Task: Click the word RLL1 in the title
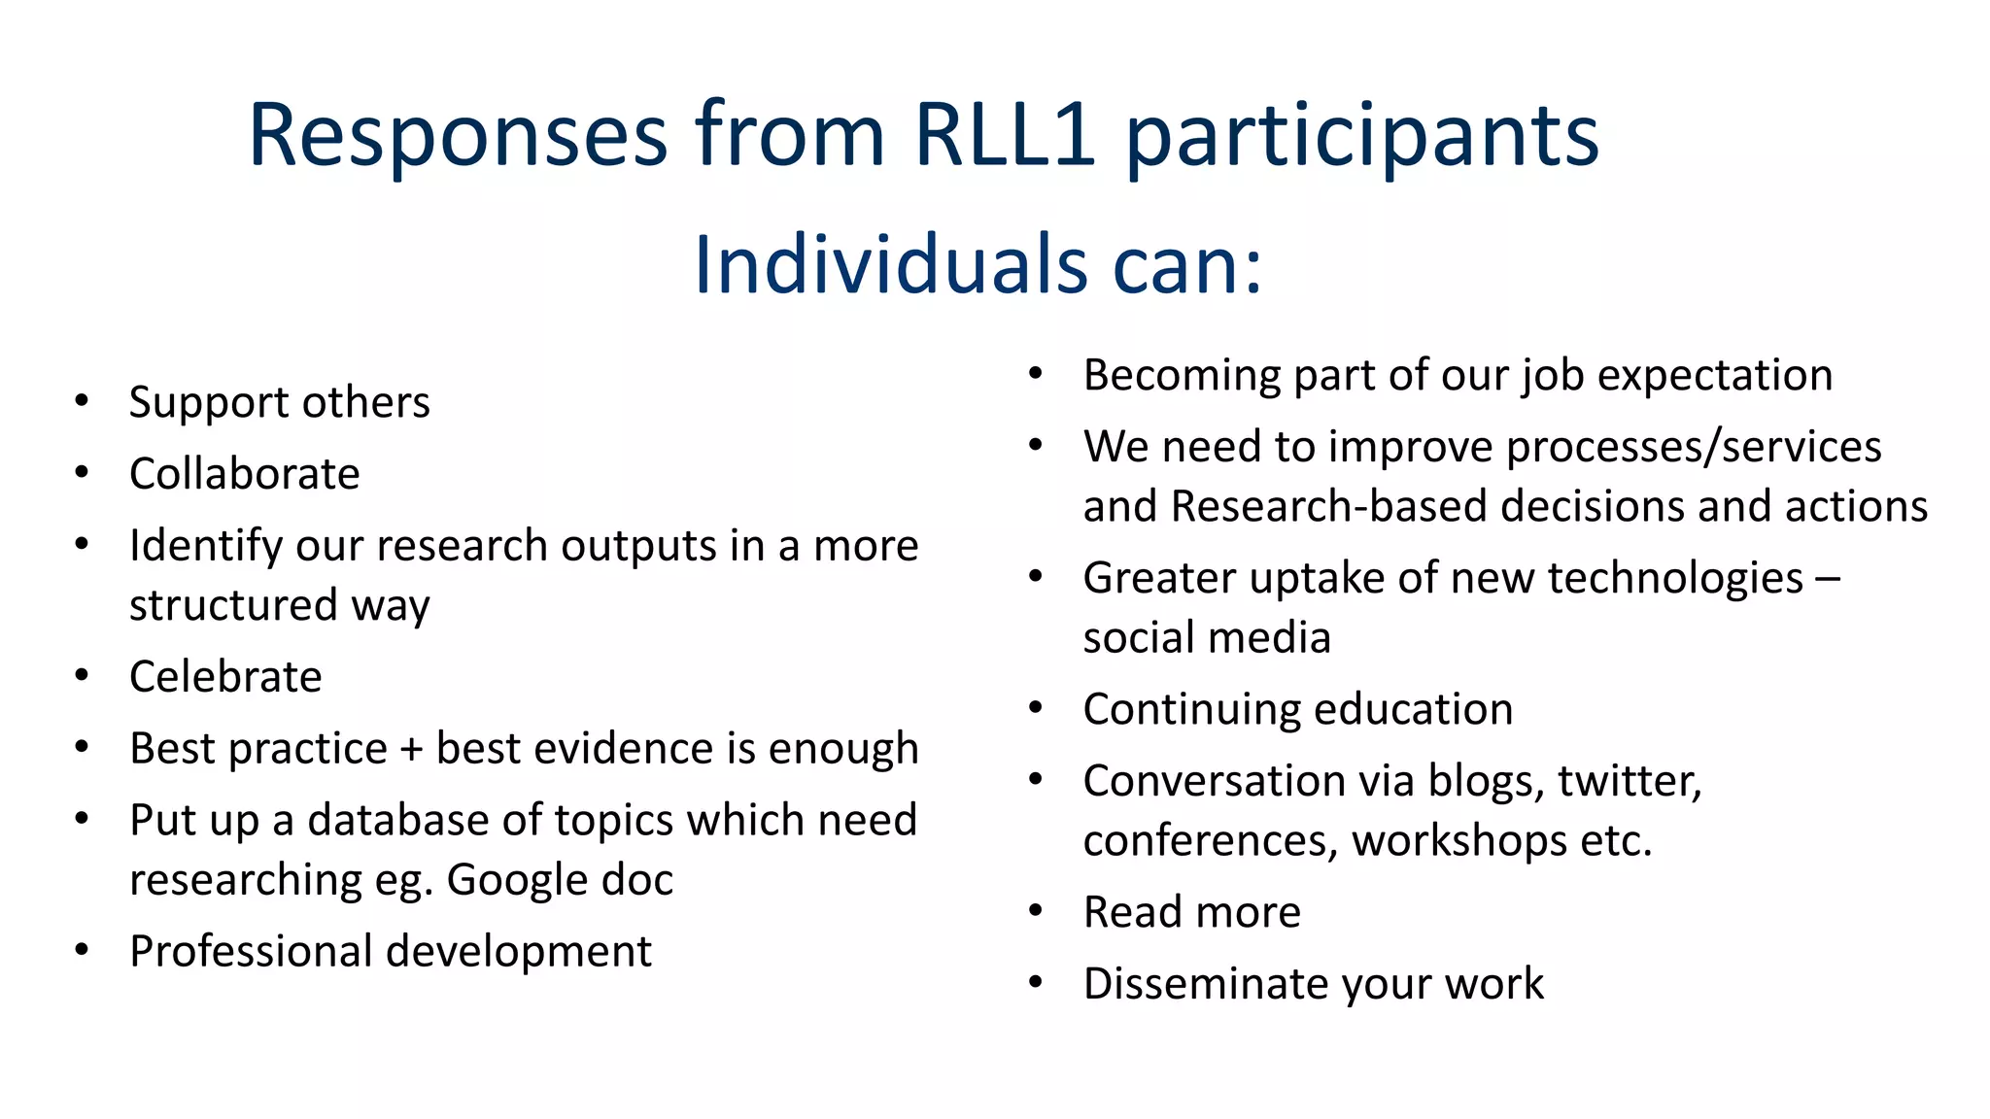(1005, 134)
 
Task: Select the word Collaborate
(244, 474)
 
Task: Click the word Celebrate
(225, 676)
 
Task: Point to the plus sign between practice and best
(411, 750)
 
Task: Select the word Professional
(251, 952)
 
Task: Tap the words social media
(1207, 638)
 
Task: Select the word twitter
(1629, 781)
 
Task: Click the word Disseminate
(1206, 984)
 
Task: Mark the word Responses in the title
(458, 134)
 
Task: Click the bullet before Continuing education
(1036, 708)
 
